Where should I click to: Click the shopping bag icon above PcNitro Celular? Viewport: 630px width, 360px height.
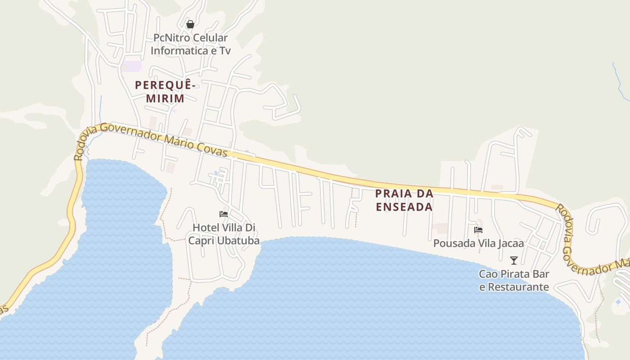click(x=190, y=24)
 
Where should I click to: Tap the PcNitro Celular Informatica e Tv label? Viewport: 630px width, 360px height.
click(x=190, y=44)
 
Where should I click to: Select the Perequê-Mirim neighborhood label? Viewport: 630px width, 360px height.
click(x=165, y=91)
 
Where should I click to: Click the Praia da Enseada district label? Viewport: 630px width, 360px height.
click(x=404, y=200)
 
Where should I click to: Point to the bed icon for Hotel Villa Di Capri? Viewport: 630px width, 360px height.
click(x=224, y=214)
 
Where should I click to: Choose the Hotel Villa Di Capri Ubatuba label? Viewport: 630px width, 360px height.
click(x=224, y=234)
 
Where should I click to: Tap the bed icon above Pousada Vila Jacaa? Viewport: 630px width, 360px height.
click(x=478, y=230)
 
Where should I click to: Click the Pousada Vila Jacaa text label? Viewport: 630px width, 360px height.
click(x=478, y=243)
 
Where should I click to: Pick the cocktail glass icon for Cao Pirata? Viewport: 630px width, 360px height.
click(x=513, y=260)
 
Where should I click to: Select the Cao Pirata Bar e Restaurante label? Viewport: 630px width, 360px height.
click(x=514, y=280)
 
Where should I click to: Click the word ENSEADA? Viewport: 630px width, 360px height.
click(x=404, y=207)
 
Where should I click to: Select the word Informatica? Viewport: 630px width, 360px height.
click(x=178, y=50)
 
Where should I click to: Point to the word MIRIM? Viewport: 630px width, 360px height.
click(x=165, y=98)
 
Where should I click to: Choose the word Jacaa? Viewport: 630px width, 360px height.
click(x=510, y=243)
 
